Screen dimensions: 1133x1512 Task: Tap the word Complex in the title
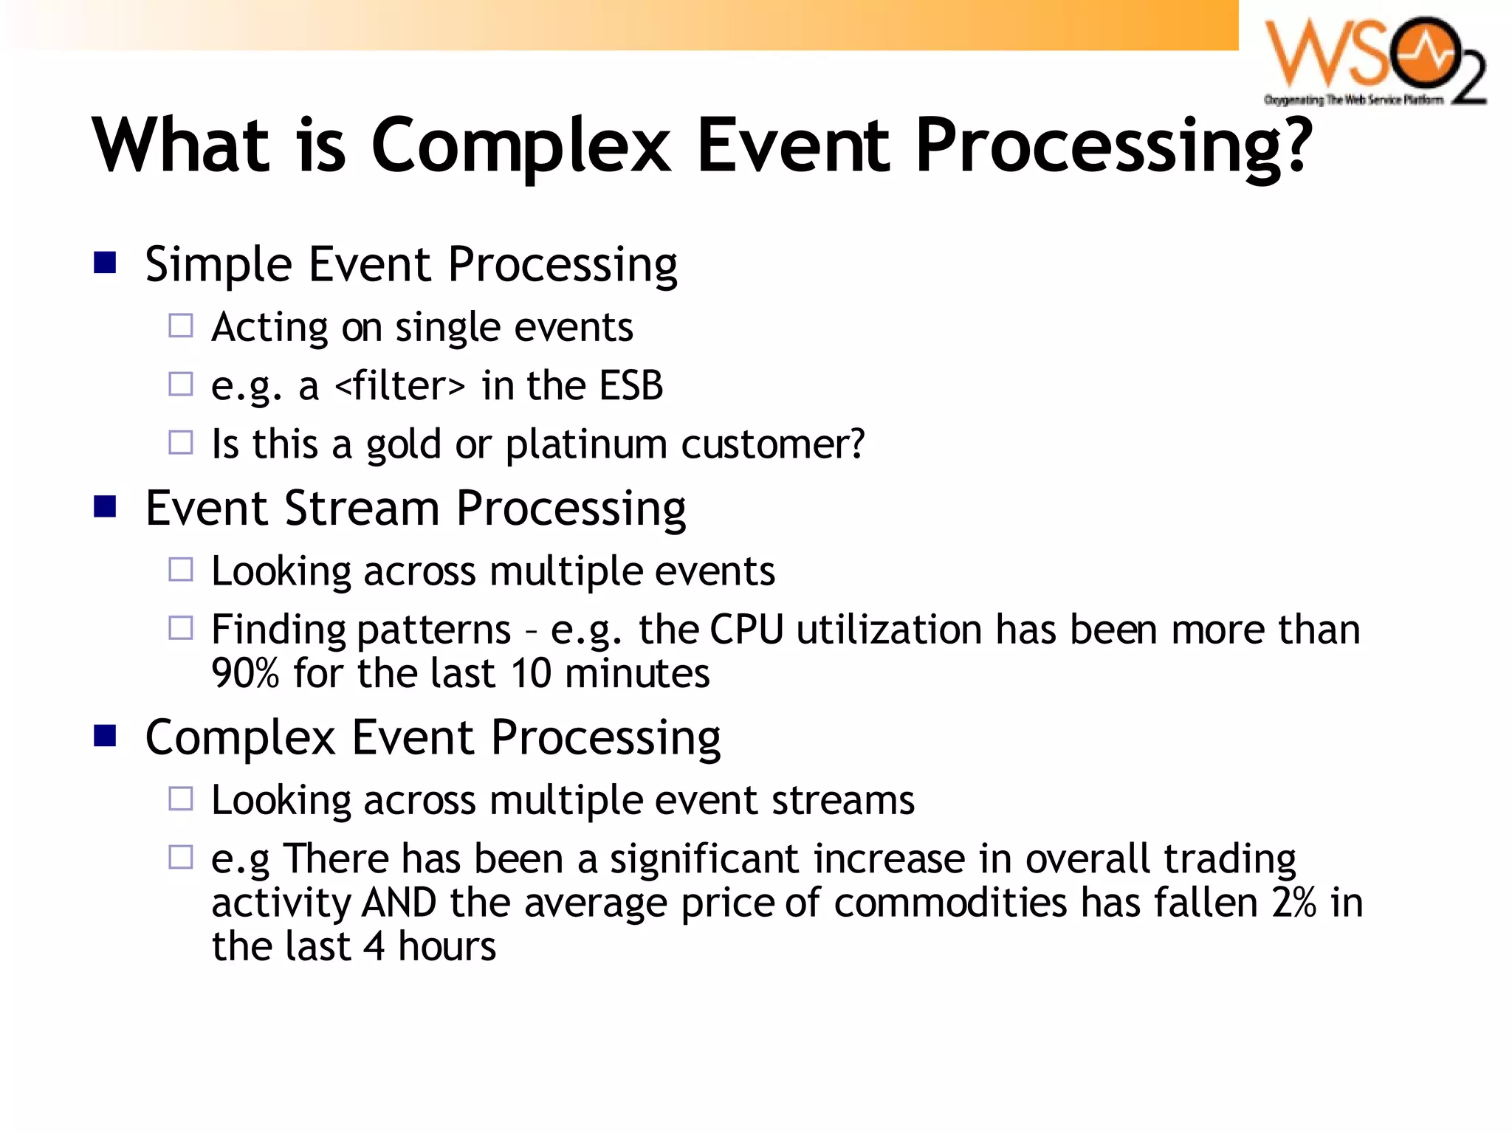(x=520, y=146)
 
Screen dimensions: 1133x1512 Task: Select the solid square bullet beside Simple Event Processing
(x=106, y=262)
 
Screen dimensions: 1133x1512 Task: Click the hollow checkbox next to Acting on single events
(x=181, y=326)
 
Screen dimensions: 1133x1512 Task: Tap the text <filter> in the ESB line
(x=399, y=385)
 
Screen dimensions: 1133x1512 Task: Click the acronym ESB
(x=631, y=385)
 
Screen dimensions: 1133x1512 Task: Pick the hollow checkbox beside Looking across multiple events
(x=181, y=569)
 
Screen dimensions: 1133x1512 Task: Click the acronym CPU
(x=746, y=630)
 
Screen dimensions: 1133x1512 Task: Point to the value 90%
(x=245, y=673)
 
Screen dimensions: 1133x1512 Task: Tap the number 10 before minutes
(x=531, y=673)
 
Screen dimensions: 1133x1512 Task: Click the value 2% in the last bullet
(x=1294, y=903)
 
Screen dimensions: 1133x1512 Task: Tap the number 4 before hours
(x=375, y=947)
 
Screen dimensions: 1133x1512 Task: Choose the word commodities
(x=950, y=903)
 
